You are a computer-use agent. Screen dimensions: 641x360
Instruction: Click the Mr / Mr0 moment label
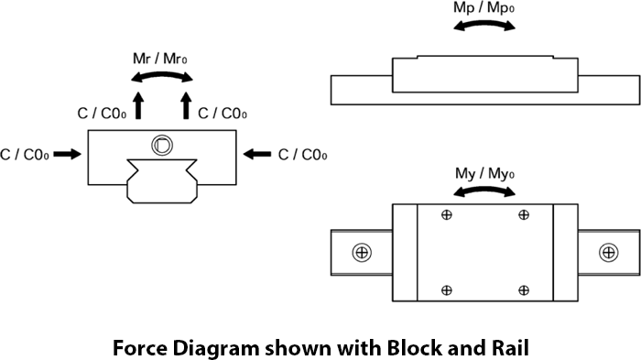pyautogui.click(x=160, y=59)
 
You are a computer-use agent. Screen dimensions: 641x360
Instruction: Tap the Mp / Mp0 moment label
pyautogui.click(x=484, y=8)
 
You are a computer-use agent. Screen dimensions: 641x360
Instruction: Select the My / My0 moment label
pyautogui.click(x=484, y=174)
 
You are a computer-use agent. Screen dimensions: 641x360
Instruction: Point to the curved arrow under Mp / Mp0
pyautogui.click(x=484, y=24)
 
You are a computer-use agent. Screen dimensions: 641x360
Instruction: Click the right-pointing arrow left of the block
pyautogui.click(x=68, y=154)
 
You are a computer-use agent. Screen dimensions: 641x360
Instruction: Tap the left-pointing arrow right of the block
pyautogui.click(x=256, y=154)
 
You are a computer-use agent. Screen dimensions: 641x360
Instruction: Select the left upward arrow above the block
pyautogui.click(x=138, y=105)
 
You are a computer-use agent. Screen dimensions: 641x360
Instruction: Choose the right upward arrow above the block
pyautogui.click(x=186, y=105)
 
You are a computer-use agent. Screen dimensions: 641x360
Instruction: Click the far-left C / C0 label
pyautogui.click(x=25, y=155)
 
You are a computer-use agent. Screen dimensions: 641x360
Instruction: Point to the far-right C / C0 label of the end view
pyautogui.click(x=302, y=155)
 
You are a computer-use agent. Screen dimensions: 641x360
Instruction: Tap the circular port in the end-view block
pyautogui.click(x=162, y=146)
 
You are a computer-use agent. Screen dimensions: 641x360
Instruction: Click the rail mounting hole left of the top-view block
pyautogui.click(x=362, y=253)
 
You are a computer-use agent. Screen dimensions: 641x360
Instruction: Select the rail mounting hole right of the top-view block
pyautogui.click(x=609, y=253)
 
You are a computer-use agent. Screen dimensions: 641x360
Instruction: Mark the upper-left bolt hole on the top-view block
pyautogui.click(x=447, y=214)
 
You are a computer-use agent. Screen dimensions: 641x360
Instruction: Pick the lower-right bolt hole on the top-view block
pyautogui.click(x=524, y=290)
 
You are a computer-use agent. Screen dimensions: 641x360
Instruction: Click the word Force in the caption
pyautogui.click(x=140, y=348)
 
